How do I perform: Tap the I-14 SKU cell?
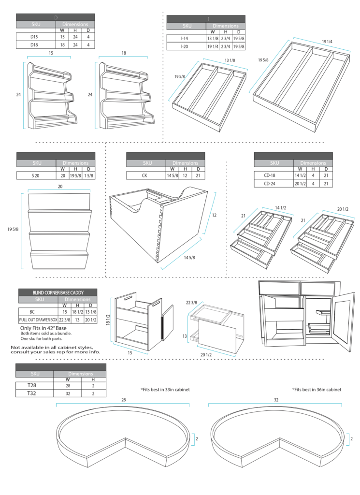(186, 38)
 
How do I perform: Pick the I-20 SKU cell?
(186, 46)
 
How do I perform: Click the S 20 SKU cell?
(36, 175)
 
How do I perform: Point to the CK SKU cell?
(145, 175)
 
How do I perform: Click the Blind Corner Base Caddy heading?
(58, 292)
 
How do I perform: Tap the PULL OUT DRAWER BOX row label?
(38, 320)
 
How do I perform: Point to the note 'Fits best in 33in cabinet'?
(165, 389)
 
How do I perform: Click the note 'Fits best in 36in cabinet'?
(317, 389)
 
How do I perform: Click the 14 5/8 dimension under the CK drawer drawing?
(189, 258)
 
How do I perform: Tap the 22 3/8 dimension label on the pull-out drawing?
(192, 303)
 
